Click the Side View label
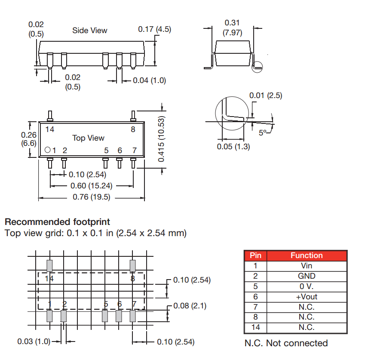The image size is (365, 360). [89, 31]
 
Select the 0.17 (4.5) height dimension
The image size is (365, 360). [154, 29]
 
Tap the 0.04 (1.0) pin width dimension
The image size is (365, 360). [149, 80]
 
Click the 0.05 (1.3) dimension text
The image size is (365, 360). [233, 146]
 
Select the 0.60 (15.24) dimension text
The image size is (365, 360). [91, 186]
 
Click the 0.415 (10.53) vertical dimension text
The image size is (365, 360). [162, 139]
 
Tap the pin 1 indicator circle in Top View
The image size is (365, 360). [48, 150]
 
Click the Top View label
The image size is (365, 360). [89, 138]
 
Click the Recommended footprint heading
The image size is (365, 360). [57, 222]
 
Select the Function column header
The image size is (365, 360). [306, 255]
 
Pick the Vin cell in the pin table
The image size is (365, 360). [306, 266]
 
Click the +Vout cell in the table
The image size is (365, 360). [306, 297]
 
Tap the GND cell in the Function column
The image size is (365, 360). [306, 276]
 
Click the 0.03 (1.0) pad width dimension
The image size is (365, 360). [34, 342]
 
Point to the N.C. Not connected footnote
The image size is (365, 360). [286, 343]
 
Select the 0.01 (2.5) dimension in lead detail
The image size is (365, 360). [266, 95]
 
